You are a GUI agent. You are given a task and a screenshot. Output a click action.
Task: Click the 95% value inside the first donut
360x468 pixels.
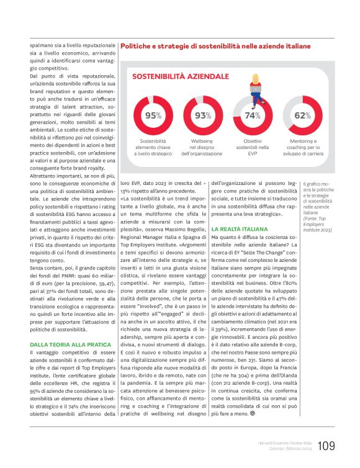[x=153, y=115]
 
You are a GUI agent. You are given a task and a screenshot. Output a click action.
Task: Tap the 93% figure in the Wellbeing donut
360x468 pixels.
[x=203, y=115]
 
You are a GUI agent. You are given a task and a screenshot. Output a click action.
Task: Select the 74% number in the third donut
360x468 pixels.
[x=253, y=115]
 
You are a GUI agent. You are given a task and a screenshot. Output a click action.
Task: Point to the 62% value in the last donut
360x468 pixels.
[x=302, y=115]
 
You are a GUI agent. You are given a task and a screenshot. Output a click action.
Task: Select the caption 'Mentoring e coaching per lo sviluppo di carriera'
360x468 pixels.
[x=302, y=148]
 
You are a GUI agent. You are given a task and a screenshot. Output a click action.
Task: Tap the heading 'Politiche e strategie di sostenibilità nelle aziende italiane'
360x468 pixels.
[x=215, y=46]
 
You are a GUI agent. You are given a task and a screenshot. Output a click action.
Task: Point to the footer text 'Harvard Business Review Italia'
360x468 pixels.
[x=282, y=443]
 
